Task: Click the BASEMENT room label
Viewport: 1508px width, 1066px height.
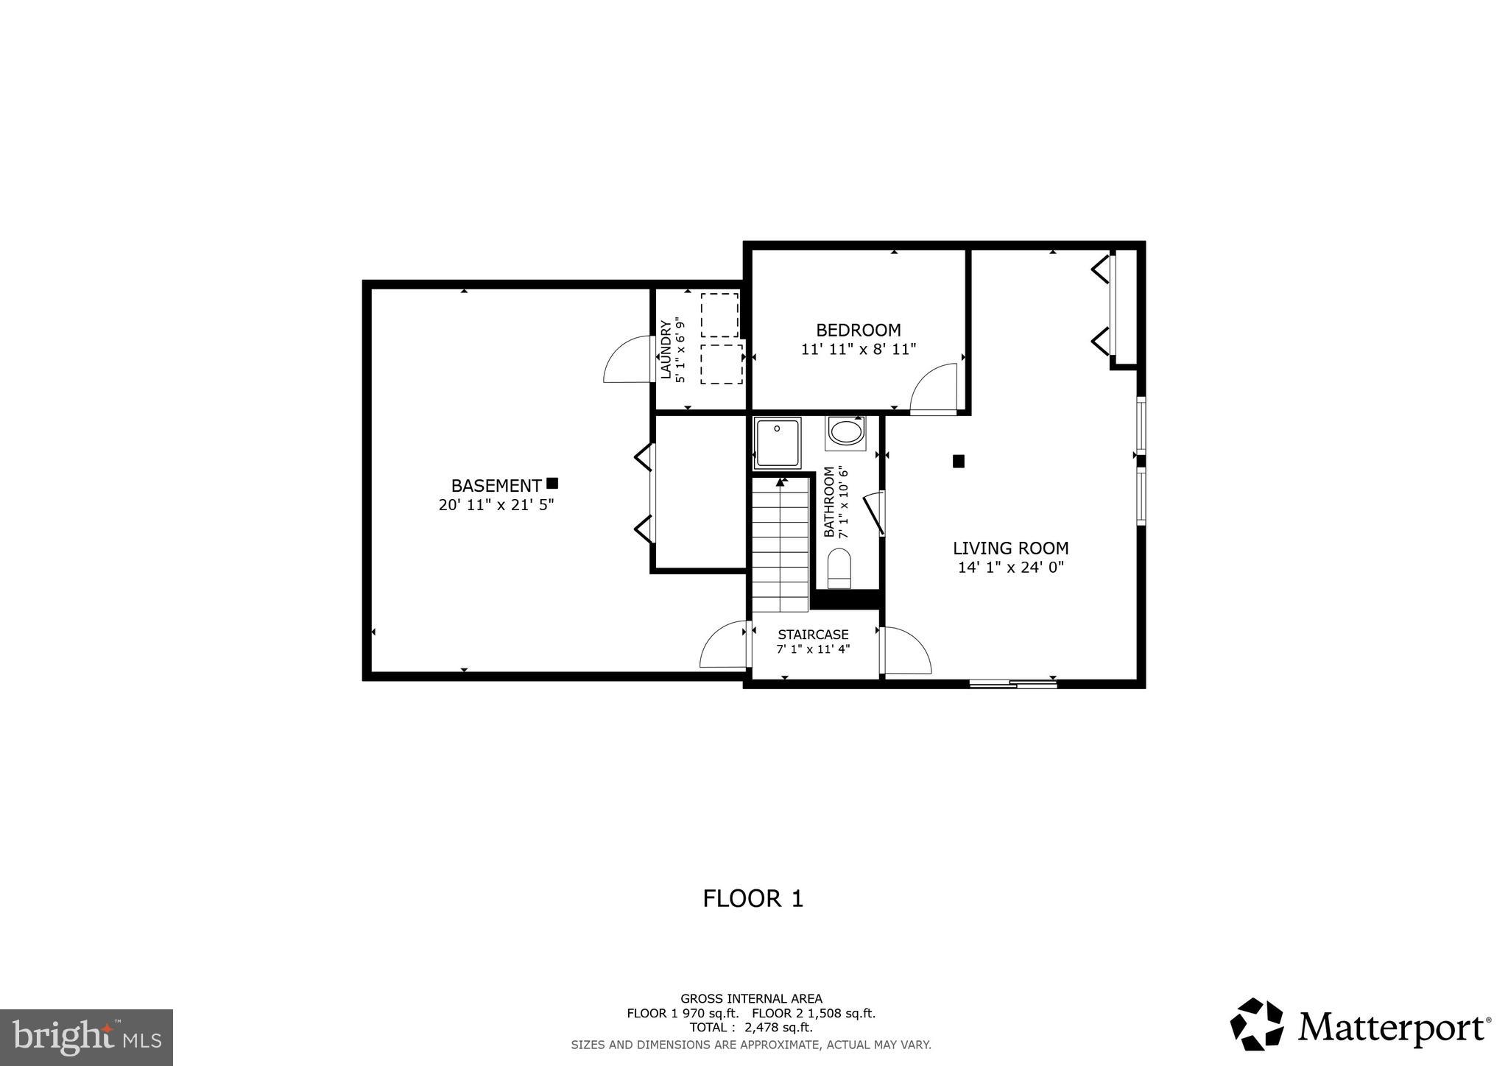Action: [x=496, y=486]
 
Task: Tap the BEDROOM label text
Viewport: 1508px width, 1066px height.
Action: [x=858, y=330]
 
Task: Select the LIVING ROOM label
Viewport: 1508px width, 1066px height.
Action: [x=1010, y=548]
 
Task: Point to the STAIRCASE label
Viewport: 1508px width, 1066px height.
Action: [x=813, y=635]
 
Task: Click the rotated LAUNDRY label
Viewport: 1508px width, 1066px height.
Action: [x=666, y=350]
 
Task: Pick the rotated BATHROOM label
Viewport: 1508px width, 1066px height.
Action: [x=829, y=501]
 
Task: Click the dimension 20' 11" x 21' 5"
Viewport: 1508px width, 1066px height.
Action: [x=496, y=505]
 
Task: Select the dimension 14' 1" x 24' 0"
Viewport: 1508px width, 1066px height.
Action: [x=1010, y=568]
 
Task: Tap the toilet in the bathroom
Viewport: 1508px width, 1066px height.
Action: [x=839, y=571]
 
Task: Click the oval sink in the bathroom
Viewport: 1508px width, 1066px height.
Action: [x=846, y=432]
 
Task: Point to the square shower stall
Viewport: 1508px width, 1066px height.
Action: [x=778, y=442]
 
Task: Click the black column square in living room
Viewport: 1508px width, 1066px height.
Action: [x=958, y=462]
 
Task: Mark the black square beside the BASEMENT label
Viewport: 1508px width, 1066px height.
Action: [x=552, y=483]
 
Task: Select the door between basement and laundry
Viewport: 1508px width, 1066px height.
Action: [x=627, y=360]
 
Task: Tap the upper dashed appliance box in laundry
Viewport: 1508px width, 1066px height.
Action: [x=719, y=315]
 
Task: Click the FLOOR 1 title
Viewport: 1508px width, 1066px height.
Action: [x=753, y=899]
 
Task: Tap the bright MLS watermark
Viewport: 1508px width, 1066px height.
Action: [x=86, y=1037]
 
